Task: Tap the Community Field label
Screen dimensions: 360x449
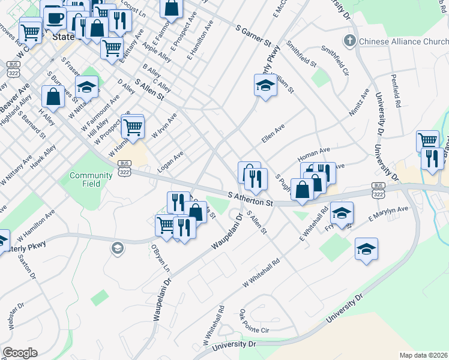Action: coord(91,179)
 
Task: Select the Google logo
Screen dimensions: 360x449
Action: coord(19,353)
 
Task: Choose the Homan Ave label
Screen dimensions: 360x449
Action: coord(318,154)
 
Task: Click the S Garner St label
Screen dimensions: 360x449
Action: coord(254,37)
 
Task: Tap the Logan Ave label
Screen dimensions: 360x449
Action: coord(170,160)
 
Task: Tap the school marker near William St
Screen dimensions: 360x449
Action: coord(265,85)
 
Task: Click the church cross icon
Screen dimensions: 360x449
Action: coord(349,41)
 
